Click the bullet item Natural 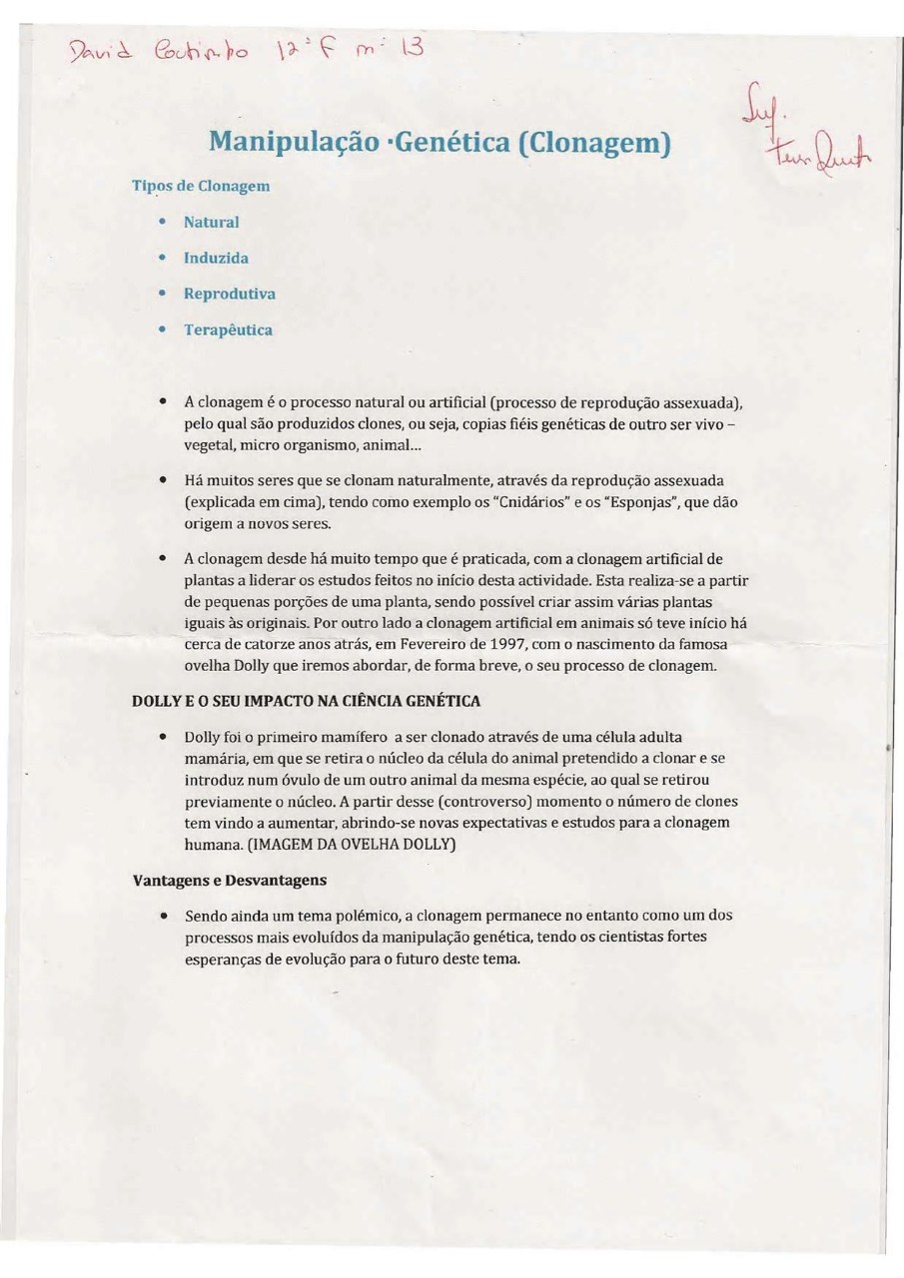(211, 222)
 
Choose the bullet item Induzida (216, 258)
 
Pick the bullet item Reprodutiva (229, 294)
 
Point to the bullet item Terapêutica (228, 329)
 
